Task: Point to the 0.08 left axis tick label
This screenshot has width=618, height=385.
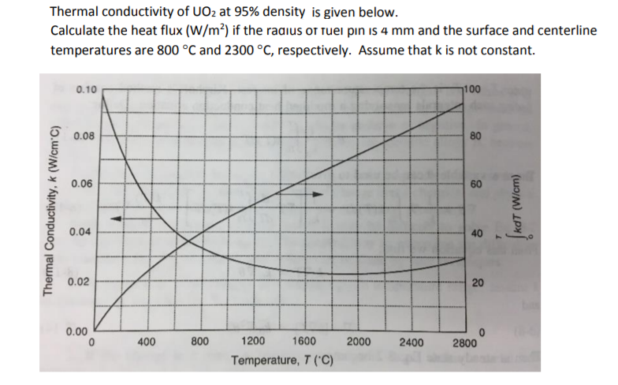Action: click(86, 136)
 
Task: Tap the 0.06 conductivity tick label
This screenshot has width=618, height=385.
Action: click(81, 184)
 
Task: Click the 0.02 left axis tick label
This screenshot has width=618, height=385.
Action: click(77, 281)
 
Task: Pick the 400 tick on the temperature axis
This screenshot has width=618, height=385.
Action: click(146, 342)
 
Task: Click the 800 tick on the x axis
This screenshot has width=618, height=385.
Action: click(200, 342)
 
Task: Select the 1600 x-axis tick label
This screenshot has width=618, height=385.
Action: click(304, 342)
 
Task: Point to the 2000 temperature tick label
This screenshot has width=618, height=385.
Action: click(359, 342)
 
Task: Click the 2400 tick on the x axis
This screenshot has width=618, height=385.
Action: click(411, 342)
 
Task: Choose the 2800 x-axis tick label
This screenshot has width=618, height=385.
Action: click(464, 343)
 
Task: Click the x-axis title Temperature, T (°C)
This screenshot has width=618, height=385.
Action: click(282, 361)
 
